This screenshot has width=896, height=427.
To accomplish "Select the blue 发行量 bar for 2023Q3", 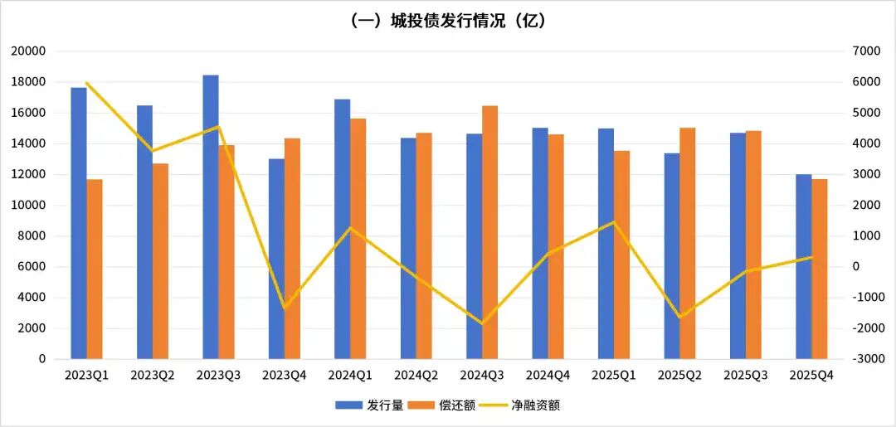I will coord(211,217).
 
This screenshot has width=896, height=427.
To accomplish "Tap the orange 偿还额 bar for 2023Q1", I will coord(95,269).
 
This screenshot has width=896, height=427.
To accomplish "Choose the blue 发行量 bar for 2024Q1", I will coord(343,229).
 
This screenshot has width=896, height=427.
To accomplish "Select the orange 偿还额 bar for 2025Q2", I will coord(688,243).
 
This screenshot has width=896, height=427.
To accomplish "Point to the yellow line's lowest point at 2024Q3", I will coord(483,323).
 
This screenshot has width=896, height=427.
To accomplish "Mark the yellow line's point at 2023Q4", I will coord(285,308).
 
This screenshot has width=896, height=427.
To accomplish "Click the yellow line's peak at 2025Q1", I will coord(614,222).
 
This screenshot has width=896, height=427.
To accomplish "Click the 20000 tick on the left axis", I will coord(28,51).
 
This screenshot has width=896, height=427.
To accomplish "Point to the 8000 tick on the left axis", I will coord(31,236).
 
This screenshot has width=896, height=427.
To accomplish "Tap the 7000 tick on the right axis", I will coord(865,51).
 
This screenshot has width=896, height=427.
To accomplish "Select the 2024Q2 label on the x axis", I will coord(416,376).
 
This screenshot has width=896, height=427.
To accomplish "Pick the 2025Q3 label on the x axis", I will coord(746,376).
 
